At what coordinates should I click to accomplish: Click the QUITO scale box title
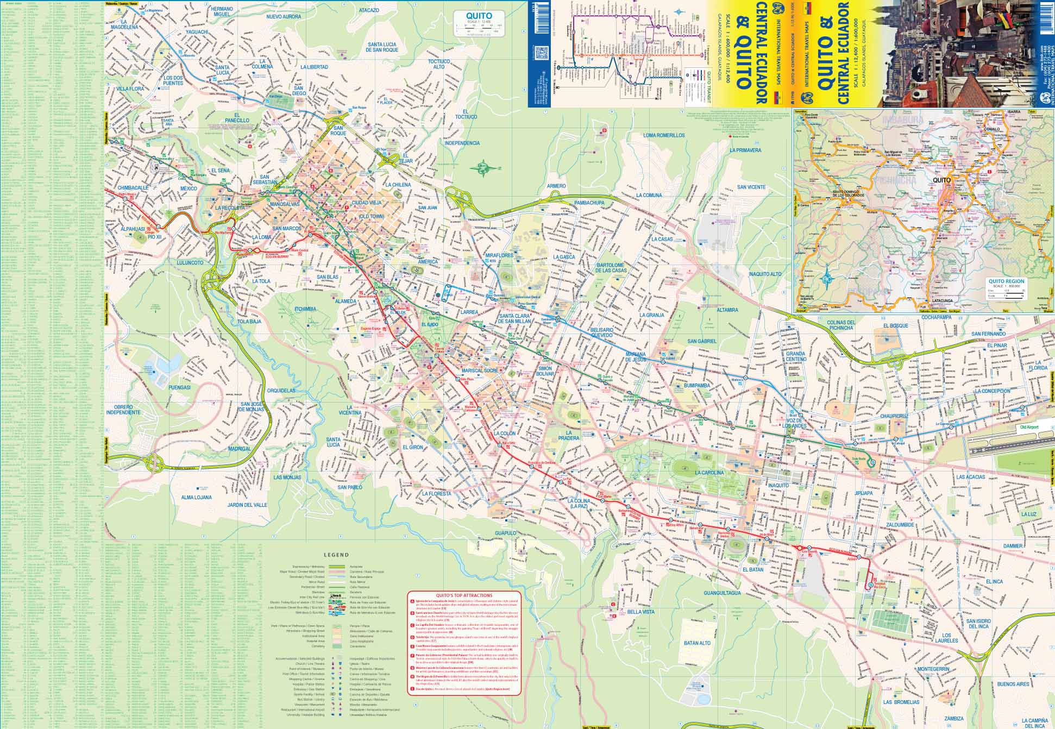point(479,16)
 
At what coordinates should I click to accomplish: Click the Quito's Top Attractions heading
point(465,595)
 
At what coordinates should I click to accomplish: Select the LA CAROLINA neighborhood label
point(709,473)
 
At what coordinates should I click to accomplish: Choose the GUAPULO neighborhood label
point(505,533)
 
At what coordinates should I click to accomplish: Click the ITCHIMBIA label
point(305,309)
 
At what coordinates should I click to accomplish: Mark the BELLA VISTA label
point(641,612)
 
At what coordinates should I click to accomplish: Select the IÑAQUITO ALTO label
point(765,274)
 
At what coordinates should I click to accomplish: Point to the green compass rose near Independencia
point(482,168)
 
